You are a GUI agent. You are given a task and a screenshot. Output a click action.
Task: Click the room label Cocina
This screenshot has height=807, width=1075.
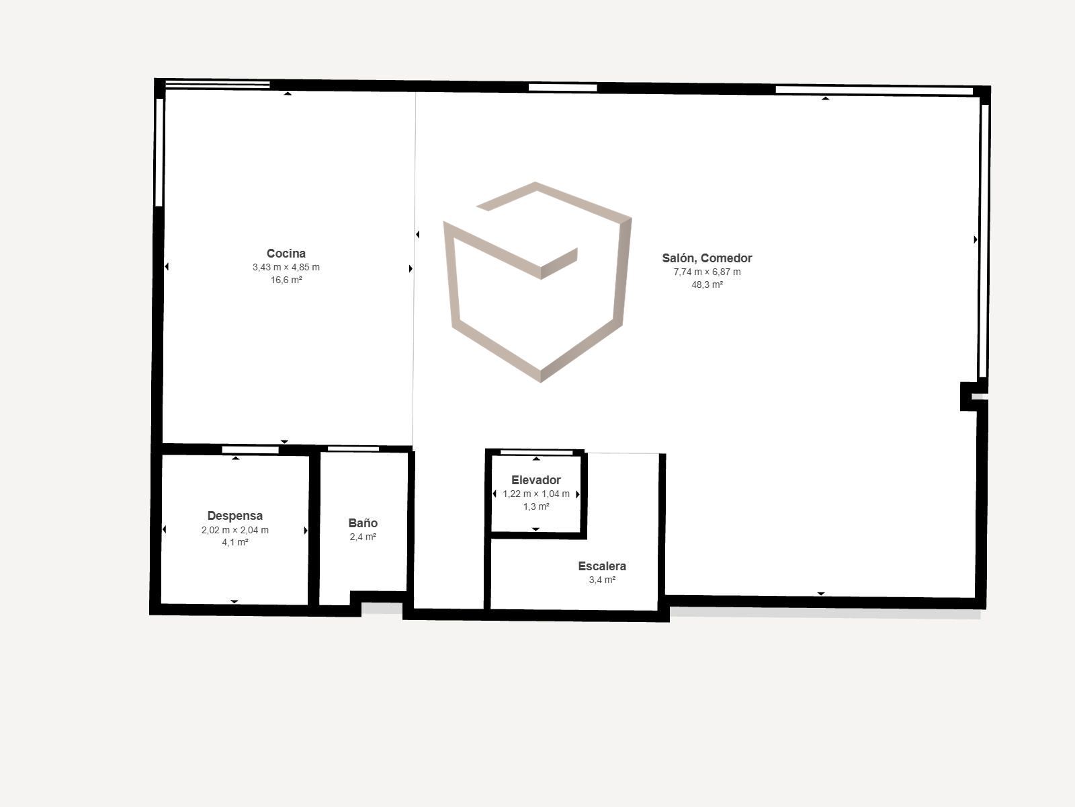[286, 254]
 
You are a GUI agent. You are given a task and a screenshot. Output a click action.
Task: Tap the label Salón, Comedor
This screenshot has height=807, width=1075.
[707, 258]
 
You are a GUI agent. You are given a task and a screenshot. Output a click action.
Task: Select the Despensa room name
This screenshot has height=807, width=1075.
[235, 516]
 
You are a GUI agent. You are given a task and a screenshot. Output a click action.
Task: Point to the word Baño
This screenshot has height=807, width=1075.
[363, 523]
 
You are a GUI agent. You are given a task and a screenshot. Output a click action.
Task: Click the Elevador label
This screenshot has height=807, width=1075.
[535, 480]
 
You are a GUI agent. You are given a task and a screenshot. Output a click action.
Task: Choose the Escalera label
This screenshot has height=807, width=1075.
[602, 566]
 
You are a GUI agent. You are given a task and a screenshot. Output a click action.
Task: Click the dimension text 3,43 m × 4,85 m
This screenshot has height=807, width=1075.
[286, 267]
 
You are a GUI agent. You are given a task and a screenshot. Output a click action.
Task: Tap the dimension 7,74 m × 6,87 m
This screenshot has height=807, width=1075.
[707, 272]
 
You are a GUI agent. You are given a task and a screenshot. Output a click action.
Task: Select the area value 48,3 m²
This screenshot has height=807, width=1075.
[707, 284]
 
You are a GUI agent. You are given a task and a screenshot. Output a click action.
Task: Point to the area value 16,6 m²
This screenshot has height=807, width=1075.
[286, 280]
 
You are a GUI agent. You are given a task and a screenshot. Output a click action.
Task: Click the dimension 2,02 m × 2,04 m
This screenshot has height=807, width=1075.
[235, 530]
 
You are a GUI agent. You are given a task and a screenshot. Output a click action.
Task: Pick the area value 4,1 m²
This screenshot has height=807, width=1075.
[235, 543]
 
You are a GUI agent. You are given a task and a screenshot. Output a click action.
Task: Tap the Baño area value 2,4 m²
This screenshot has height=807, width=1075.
[363, 537]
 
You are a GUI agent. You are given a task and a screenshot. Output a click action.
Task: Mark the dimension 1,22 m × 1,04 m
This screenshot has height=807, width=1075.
[535, 494]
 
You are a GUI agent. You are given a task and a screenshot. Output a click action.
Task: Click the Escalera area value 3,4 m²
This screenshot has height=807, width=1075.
[602, 580]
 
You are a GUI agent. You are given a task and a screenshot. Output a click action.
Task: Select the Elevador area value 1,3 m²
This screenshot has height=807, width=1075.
[535, 506]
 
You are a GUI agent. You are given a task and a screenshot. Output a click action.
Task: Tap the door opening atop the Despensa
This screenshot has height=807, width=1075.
[250, 450]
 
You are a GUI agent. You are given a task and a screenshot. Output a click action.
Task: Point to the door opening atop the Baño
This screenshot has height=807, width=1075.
[353, 449]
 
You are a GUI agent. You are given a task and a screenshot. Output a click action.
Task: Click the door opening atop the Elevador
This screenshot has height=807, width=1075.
[536, 452]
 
